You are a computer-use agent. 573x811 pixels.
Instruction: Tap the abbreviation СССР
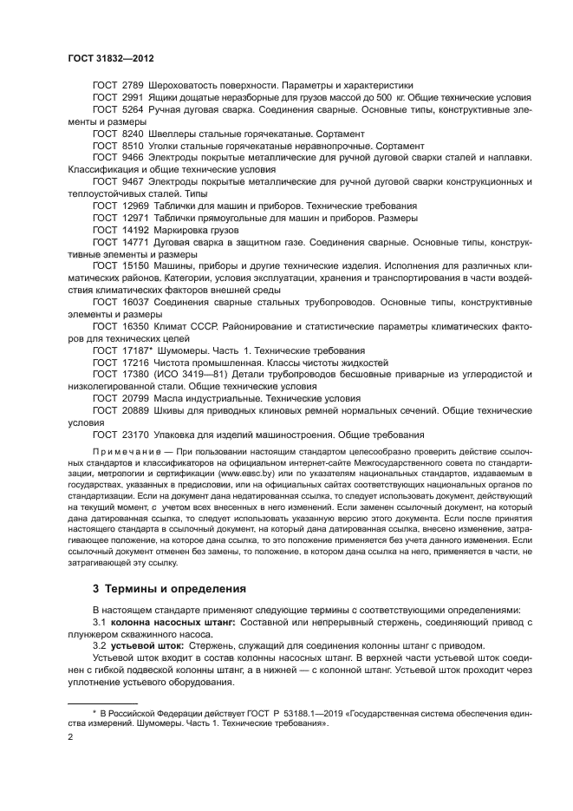coord(214,325)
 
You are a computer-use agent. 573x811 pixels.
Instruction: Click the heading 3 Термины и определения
coord(168,590)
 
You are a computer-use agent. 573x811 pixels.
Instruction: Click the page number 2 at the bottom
coord(71,737)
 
